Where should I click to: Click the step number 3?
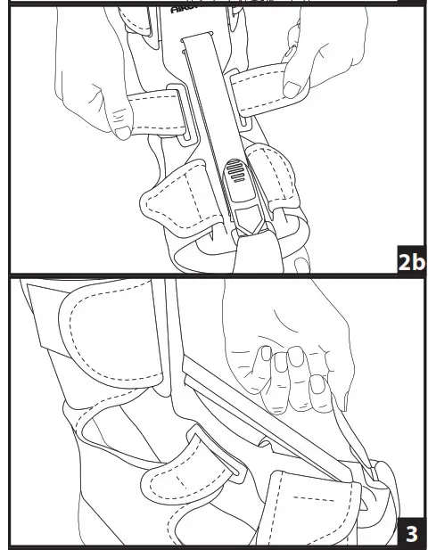click(x=411, y=533)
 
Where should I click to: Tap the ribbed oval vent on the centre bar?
click(x=237, y=173)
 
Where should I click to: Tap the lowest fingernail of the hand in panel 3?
click(x=317, y=385)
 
